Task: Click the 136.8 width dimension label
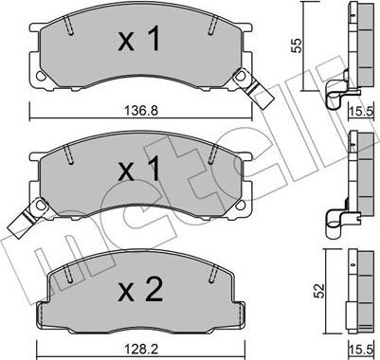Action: point(141,111)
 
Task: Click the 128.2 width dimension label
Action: point(141,349)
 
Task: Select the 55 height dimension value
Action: point(297,45)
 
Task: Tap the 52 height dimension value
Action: point(319,291)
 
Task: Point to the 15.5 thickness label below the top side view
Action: point(362,111)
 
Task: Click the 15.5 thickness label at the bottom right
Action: point(362,350)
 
